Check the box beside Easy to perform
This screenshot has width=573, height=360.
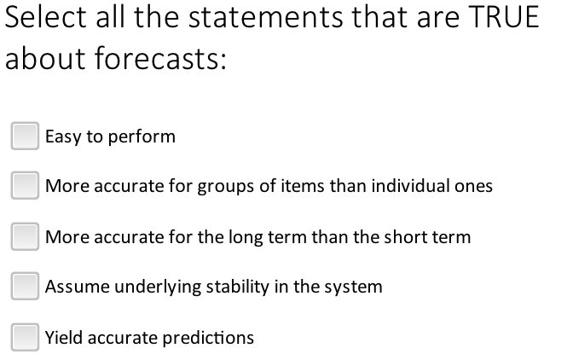click(x=26, y=136)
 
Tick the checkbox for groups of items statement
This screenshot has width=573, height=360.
click(x=26, y=186)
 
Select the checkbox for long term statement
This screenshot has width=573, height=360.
click(x=26, y=237)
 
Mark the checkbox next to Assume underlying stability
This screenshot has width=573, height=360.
click(x=26, y=287)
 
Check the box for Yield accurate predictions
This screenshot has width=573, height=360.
click(x=26, y=338)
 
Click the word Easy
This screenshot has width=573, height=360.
click(x=61, y=136)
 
